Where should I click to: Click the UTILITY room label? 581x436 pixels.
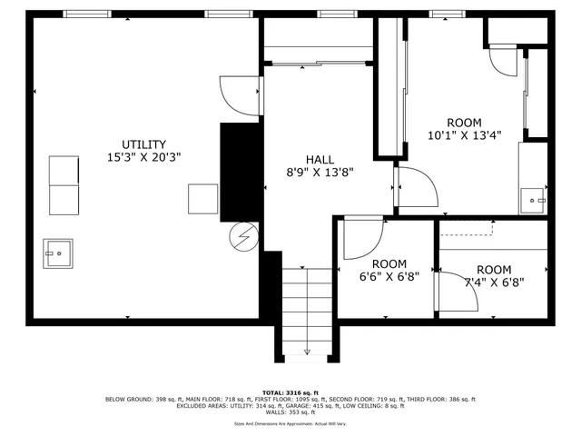click(144, 144)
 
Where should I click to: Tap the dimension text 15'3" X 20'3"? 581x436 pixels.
click(144, 157)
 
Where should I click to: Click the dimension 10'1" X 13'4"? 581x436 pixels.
click(464, 136)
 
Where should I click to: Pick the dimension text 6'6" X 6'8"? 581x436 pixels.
click(389, 278)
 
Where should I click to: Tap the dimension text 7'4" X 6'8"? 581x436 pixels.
click(494, 282)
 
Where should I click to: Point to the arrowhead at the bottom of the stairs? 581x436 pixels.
click(307, 352)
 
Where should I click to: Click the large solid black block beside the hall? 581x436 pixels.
click(239, 171)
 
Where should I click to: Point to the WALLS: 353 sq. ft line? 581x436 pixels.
click(290, 413)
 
